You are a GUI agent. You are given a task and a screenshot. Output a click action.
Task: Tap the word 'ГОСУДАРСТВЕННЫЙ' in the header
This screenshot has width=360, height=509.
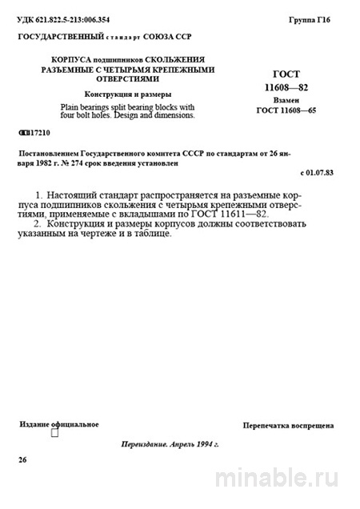click(x=62, y=38)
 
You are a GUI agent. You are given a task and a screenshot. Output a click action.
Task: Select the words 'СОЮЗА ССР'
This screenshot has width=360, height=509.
click(x=171, y=38)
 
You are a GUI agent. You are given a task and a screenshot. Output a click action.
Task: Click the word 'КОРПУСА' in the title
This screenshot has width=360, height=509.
click(x=76, y=60)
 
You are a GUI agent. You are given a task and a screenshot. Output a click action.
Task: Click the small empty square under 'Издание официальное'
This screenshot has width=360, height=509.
click(x=54, y=433)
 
